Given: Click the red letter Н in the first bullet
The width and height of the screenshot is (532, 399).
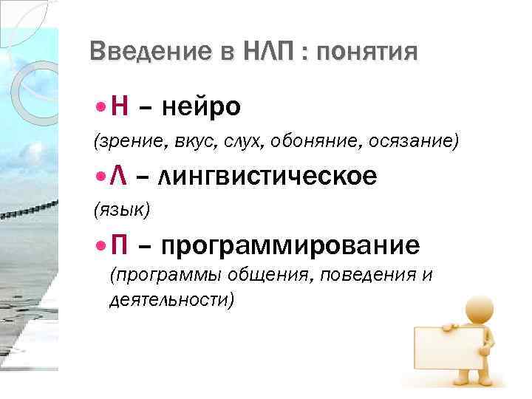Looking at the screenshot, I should (119, 108).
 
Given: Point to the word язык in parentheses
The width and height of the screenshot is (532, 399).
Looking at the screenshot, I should (121, 211).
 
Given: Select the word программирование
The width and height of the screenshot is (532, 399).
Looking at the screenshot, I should (290, 245).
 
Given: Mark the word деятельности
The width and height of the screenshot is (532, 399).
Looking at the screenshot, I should (171, 300).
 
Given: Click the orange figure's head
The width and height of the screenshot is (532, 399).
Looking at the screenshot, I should (473, 307).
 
